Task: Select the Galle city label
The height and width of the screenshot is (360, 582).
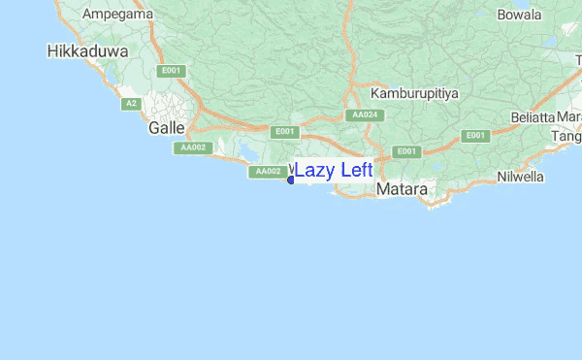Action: [166, 128]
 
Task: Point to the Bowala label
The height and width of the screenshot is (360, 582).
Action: [519, 15]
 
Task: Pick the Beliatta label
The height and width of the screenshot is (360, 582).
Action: [533, 117]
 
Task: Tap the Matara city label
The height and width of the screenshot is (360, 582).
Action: [402, 190]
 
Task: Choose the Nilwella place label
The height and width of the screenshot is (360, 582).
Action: [520, 178]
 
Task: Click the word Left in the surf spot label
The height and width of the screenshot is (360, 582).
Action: [353, 171]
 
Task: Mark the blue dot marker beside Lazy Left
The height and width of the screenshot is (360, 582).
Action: [291, 180]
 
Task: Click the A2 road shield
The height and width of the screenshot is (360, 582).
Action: [129, 103]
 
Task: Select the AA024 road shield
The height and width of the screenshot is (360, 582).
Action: [364, 115]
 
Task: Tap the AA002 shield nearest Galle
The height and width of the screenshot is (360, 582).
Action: [191, 147]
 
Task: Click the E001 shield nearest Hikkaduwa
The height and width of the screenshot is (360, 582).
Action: [173, 70]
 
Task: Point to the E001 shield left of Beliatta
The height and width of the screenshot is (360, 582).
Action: [474, 136]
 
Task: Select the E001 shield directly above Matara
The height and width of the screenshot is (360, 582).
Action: [405, 151]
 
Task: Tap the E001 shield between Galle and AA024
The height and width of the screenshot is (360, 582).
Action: [284, 131]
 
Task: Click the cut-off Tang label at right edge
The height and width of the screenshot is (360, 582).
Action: [566, 137]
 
